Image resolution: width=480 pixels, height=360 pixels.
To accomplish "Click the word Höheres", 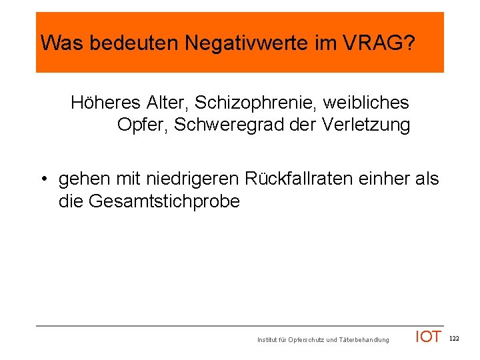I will [x=105, y=103].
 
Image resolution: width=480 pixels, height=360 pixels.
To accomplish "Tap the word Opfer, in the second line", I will [x=143, y=125].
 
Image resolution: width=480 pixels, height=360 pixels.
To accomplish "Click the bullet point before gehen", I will [x=43, y=179].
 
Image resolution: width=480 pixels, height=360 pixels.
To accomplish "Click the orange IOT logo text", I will [x=428, y=337].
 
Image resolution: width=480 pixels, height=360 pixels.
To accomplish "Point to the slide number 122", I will [x=455, y=339].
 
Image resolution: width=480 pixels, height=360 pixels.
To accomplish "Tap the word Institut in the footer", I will [x=268, y=340].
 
